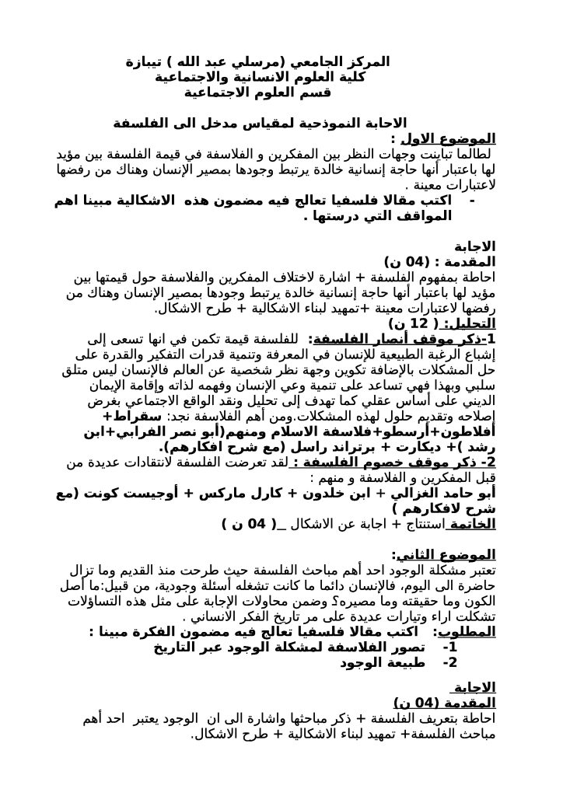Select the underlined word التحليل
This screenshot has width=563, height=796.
tap(476, 323)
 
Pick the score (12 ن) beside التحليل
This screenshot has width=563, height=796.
tap(413, 323)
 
